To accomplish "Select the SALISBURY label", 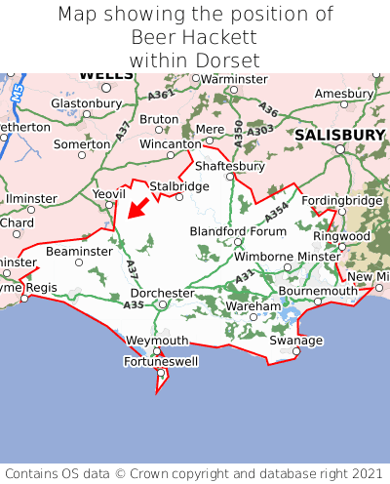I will [341, 134].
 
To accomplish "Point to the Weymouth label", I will [157, 341].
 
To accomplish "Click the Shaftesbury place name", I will [232, 166].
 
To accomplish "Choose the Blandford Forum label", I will [238, 231].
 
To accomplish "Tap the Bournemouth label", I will [318, 291].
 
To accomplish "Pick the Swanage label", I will [295, 341].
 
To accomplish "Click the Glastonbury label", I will [85, 102].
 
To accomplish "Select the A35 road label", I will [135, 305].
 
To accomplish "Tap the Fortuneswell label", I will [160, 362].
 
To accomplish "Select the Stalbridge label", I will [179, 185].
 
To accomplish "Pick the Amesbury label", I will [343, 93].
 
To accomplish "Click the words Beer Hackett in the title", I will [194, 37].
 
